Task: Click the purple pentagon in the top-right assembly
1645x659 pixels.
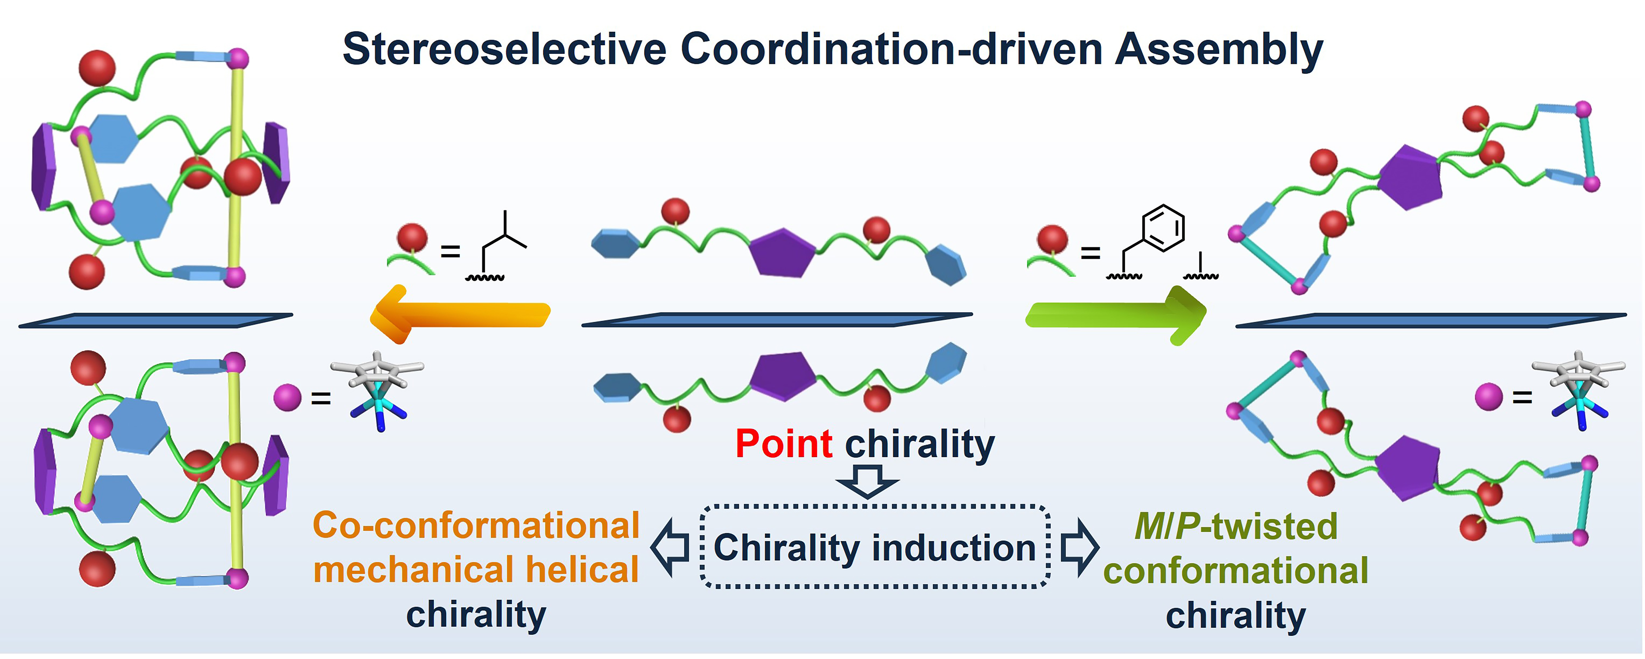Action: click(x=1409, y=177)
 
